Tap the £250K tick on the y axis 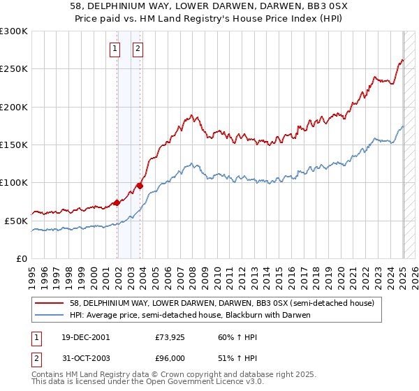point(14,69)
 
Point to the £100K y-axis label point(14,183)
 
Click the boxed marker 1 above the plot point(115,49)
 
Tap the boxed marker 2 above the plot point(138,49)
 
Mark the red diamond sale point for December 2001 point(117,202)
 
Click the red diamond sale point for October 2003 point(140,186)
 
